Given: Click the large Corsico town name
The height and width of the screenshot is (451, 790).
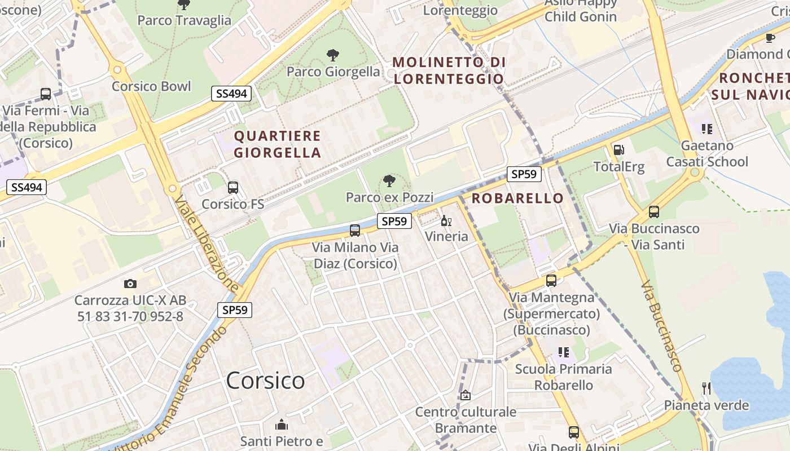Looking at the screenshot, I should tap(265, 381).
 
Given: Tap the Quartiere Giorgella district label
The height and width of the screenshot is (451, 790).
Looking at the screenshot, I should tap(277, 144).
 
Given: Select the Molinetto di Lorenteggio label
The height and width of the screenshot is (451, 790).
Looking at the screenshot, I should tap(448, 70).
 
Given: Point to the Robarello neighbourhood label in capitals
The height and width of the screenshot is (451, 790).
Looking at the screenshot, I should tap(517, 198).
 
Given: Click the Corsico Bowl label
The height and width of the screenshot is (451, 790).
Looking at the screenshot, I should tap(151, 86).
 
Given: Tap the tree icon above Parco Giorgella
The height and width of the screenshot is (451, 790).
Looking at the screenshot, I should tap(333, 55).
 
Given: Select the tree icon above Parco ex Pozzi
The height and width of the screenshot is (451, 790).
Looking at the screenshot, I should tap(389, 181).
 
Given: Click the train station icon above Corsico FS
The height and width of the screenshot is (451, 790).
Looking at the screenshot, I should tap(232, 188).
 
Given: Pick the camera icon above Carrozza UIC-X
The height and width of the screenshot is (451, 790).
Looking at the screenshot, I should tap(130, 284).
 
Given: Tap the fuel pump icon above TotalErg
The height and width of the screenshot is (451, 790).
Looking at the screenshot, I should tap(618, 150).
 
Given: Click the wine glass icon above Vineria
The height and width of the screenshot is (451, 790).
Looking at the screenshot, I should tap(446, 220).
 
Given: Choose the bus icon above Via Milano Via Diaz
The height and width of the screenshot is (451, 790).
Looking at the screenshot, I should tap(355, 231).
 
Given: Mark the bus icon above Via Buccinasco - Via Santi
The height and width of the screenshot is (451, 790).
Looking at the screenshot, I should tap(654, 212).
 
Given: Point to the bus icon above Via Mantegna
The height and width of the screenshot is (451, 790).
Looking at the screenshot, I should tap(551, 281).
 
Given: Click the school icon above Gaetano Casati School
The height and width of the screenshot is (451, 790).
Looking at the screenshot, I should tap(706, 129).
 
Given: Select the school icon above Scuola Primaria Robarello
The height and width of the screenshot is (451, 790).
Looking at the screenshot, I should tap(563, 352).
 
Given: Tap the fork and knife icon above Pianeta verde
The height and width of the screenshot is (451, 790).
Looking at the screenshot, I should tap(706, 388).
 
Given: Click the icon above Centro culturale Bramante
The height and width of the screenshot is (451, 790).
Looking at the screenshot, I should tap(466, 396).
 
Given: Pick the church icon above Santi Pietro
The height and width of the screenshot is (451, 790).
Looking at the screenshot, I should tap(281, 425).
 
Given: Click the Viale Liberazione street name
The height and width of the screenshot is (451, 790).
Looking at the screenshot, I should tap(207, 244).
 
